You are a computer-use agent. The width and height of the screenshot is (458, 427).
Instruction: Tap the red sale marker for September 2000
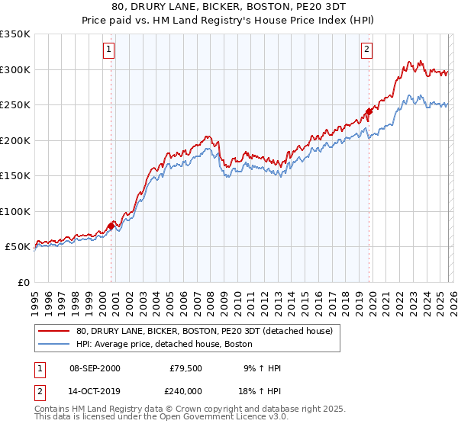coord(111,225)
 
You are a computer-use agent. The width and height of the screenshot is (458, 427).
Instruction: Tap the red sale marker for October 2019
coord(369,111)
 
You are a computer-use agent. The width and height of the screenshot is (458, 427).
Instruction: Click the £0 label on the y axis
coord(23,282)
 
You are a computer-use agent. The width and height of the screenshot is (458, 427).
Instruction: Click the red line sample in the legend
coord(53,332)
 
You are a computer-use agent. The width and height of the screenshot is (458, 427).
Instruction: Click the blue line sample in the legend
coord(53,345)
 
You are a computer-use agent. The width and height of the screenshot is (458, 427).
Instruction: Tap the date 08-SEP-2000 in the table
coord(95,368)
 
